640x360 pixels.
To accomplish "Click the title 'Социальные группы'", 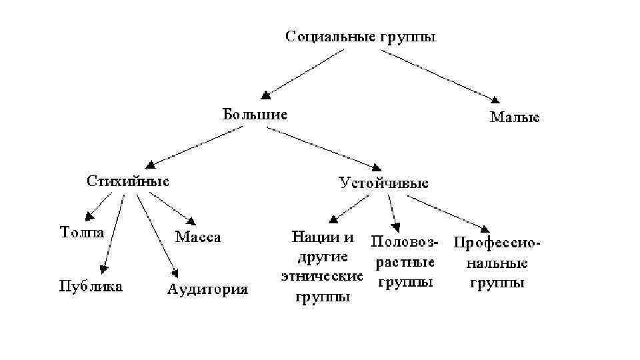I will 361,36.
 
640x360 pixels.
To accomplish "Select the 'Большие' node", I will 255,114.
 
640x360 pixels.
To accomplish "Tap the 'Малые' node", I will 515,117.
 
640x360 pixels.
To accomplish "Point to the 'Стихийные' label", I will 128,181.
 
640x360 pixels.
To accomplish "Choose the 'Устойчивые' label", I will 383,183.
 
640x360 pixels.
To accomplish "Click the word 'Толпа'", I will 82,233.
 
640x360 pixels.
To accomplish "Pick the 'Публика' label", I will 91,287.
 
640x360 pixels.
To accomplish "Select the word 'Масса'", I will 198,237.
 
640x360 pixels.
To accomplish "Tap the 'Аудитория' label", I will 207,289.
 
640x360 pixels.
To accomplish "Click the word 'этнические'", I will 322,275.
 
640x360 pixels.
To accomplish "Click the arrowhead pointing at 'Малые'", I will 495,100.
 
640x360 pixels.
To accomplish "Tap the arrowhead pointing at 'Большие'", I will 266,96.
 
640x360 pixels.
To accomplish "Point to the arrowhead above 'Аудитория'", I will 175,272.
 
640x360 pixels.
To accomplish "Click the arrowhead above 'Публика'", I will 103,269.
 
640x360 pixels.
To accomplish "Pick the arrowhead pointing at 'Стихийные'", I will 151,163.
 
